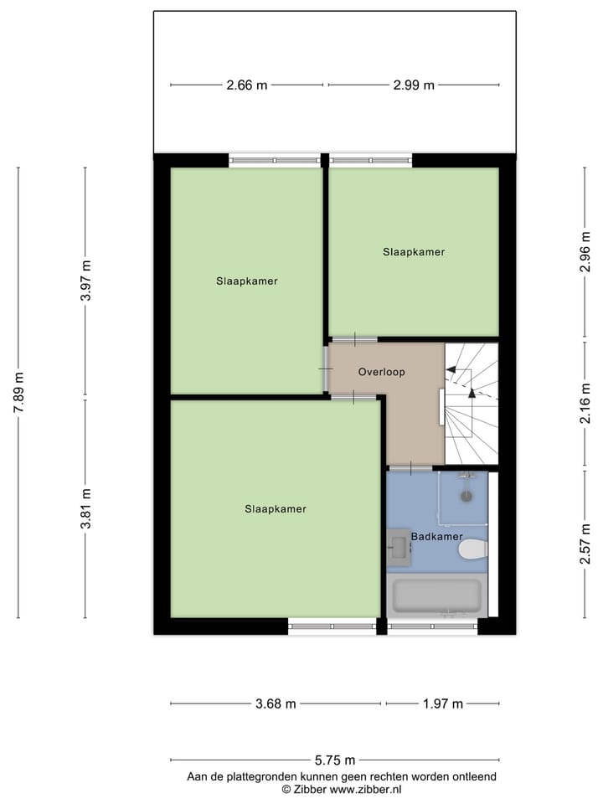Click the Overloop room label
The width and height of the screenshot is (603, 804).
coord(381,372)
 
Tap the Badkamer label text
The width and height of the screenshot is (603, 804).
coord(436,536)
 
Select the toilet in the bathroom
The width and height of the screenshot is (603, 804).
coord(473,549)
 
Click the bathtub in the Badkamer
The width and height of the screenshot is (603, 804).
coord(437,596)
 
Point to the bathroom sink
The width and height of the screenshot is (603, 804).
coord(398,547)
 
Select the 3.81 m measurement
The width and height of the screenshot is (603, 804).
coord(85,508)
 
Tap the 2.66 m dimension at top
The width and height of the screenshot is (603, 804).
coord(247,85)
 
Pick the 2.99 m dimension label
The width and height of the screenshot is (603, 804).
coord(415,85)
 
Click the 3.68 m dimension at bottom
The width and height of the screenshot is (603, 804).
coord(276,703)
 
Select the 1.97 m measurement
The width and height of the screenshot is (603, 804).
coord(443,703)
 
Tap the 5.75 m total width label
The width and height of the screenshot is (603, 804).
coord(335,760)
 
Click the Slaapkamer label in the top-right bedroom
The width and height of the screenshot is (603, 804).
coord(414,251)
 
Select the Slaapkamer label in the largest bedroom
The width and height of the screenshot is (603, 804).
coord(276,508)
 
